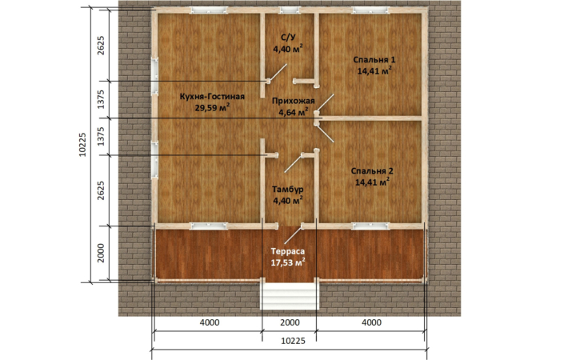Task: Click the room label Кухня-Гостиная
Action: [x=212, y=97]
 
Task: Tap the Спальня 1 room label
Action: [x=374, y=59]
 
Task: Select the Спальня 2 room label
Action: [x=372, y=171]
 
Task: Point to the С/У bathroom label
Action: [x=288, y=37]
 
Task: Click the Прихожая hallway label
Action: [x=293, y=101]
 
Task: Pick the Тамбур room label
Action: [x=288, y=189]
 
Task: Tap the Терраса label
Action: [x=288, y=251]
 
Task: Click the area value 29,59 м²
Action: [x=213, y=108]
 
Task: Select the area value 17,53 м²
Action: [x=288, y=262]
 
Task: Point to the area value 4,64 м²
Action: [x=293, y=112]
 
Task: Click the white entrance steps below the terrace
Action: [x=288, y=295]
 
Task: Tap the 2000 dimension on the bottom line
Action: [x=290, y=322]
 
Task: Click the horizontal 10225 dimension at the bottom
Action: [x=293, y=341]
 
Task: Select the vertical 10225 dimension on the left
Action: [x=82, y=144]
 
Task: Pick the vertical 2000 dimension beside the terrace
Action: [x=101, y=253]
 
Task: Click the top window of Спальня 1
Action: [x=370, y=10]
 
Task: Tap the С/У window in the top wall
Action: [x=289, y=10]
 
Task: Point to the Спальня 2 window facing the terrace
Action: [x=370, y=226]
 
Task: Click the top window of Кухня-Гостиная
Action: [x=208, y=10]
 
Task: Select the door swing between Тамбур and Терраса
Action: [x=293, y=234]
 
